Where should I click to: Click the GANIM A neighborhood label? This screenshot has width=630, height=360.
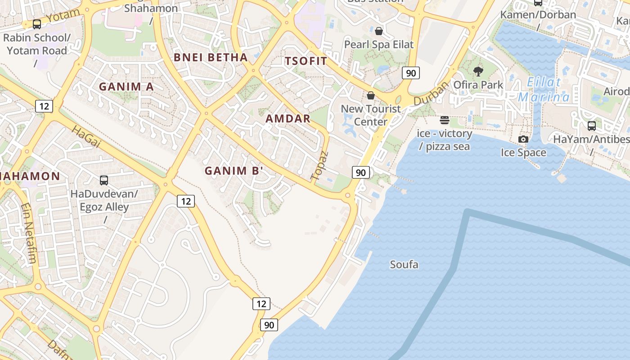[x=126, y=86]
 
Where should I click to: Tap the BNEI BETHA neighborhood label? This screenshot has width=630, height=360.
[x=211, y=57]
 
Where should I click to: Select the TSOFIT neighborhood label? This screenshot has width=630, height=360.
[x=306, y=61]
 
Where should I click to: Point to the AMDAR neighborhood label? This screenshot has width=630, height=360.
[x=288, y=119]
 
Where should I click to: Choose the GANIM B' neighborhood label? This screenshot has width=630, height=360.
[x=234, y=171]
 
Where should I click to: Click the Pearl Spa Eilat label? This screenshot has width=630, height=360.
[x=378, y=45]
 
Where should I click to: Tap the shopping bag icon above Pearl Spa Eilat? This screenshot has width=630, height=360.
[x=379, y=31]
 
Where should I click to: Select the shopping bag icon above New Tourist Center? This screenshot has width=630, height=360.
[x=371, y=95]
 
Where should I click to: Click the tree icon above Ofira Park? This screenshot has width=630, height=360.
[x=478, y=71]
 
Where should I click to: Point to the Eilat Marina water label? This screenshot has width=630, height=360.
[x=544, y=90]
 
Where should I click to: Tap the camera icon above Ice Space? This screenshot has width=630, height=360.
[x=523, y=139]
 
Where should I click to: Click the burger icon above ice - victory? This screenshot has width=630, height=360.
[x=445, y=120]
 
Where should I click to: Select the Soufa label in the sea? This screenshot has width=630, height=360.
[x=404, y=265]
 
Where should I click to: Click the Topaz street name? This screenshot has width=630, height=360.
[x=320, y=166]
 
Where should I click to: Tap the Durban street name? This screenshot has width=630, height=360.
[x=431, y=93]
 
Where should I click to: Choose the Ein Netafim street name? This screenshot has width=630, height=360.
[x=28, y=233]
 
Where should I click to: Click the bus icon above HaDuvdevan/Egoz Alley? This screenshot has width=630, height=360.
[x=104, y=180]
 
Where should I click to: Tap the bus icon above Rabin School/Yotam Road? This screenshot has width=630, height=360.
[x=37, y=24]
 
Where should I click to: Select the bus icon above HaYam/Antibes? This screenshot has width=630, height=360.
[x=591, y=126]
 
